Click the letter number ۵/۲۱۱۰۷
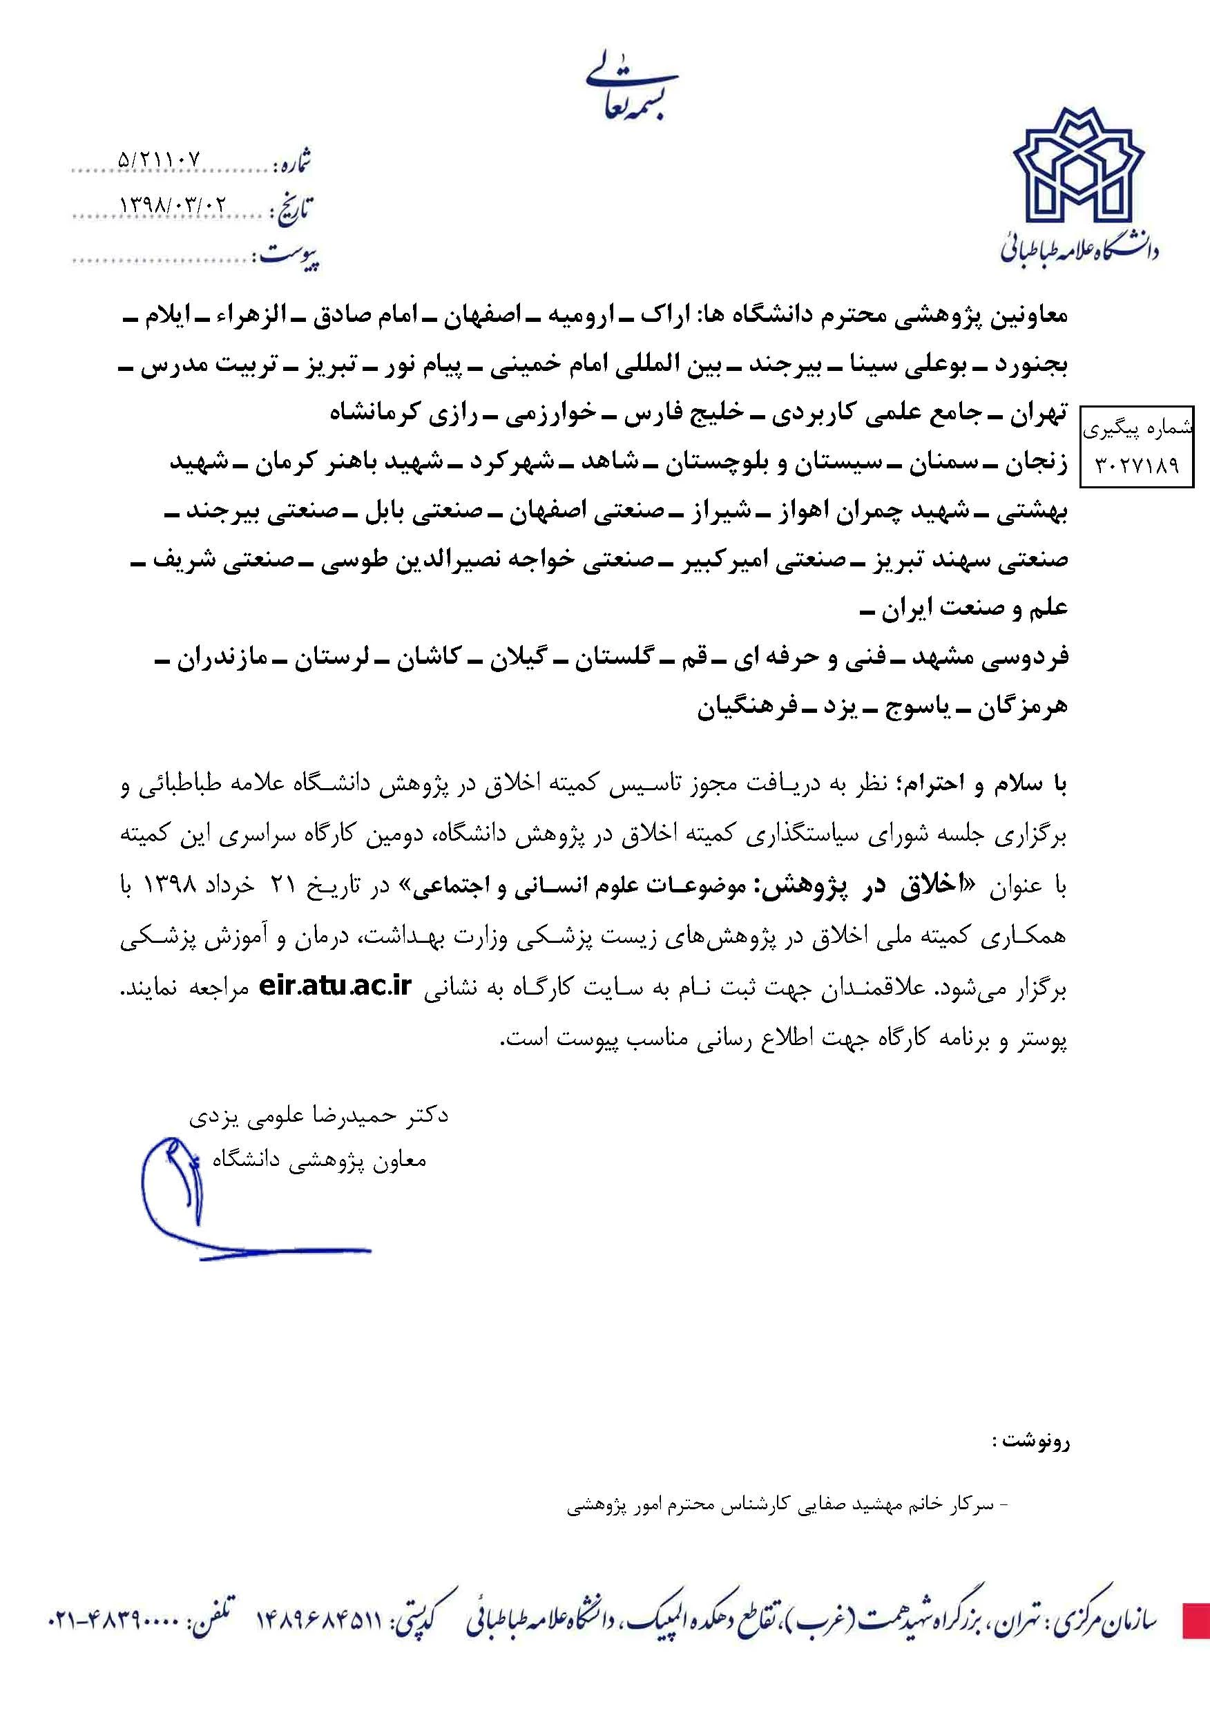pos(160,159)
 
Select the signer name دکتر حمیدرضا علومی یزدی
pos(318,1116)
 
